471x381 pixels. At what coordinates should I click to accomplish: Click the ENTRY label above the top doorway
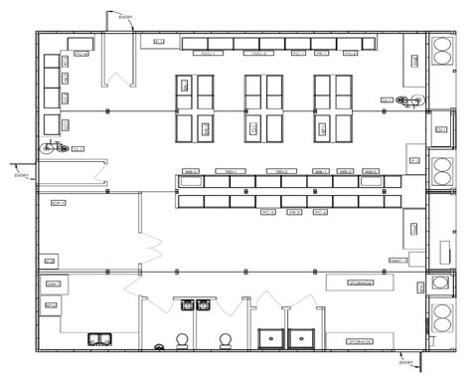point(122,15)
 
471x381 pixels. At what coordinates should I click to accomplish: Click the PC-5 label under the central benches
point(268,212)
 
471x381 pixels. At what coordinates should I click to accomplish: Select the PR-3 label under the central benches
point(294,212)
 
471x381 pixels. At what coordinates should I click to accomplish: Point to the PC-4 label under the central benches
point(320,212)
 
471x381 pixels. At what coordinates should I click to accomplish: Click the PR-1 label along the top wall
point(321,53)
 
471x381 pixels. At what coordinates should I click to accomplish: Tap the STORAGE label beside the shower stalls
point(360,341)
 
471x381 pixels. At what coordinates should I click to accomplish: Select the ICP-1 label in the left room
point(58,202)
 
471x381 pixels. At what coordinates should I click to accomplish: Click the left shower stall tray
point(271,338)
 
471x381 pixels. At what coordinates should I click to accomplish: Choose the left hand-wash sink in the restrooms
point(181,303)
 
